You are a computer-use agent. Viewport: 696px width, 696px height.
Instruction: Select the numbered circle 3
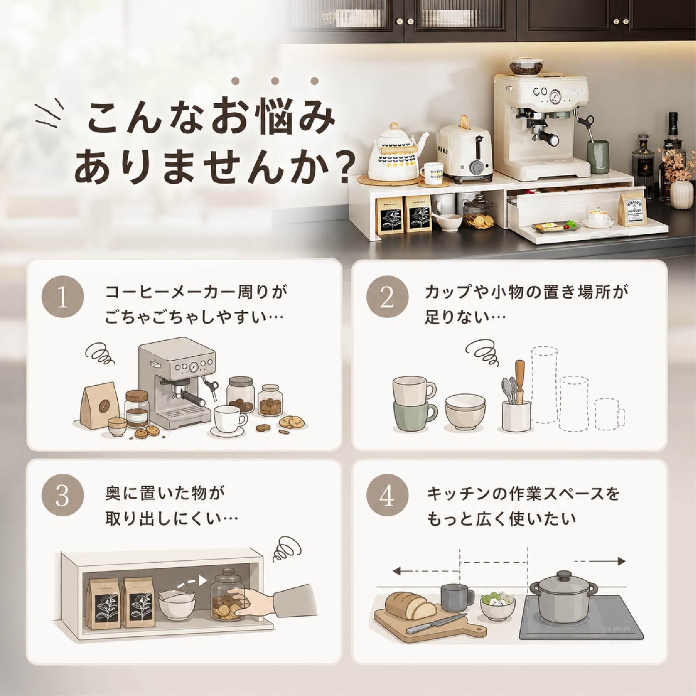pyautogui.click(x=63, y=495)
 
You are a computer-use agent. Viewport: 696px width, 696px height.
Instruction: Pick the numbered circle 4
pyautogui.click(x=387, y=495)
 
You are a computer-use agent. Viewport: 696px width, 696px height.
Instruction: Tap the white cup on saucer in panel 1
pyautogui.click(x=229, y=420)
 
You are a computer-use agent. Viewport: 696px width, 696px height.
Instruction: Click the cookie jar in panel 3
pyautogui.click(x=228, y=595)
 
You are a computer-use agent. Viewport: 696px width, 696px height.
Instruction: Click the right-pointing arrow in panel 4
pyautogui.click(x=600, y=561)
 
